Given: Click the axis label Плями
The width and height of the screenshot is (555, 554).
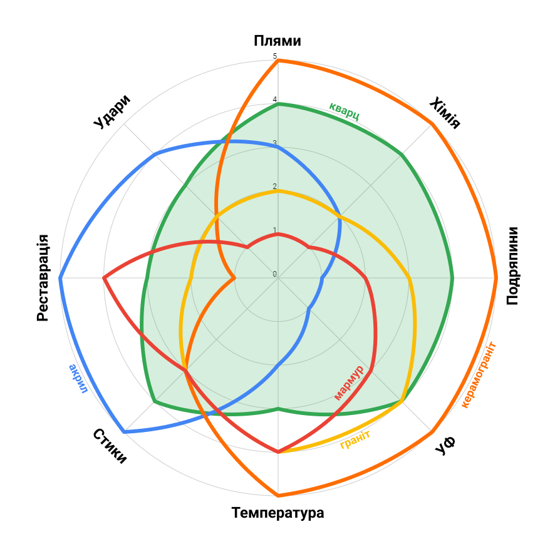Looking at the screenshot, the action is coord(277,41).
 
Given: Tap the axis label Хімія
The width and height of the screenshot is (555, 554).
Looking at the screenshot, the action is coord(445,113).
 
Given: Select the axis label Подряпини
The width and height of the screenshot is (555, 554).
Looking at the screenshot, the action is coord(512,266).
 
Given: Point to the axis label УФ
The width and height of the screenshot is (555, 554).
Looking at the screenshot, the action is coord(445,446).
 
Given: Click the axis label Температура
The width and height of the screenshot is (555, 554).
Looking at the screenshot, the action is coord(277,513).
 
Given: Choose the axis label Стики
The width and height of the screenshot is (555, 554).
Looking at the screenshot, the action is coord(110,446).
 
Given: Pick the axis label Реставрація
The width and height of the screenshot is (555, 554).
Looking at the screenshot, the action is coord(43,278).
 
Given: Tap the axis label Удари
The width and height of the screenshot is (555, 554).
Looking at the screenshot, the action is coord(112,111).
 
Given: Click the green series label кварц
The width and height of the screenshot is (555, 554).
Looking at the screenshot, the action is coord(345,111).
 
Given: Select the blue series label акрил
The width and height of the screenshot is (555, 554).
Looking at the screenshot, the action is coord(78,379).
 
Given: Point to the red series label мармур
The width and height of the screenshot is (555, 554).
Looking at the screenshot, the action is coord(349,382).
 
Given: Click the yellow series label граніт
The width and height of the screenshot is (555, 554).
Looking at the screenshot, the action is coord(355,439).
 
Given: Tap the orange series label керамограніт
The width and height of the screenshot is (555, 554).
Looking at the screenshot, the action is coord(479,374).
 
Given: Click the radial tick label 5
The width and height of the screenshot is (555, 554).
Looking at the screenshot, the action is coord(274,56).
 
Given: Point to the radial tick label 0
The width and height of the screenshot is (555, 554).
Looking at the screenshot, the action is coord(274,274).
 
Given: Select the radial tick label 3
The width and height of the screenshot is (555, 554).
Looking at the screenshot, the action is coord(274,143).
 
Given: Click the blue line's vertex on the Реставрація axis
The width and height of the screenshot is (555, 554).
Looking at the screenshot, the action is coord(60,278).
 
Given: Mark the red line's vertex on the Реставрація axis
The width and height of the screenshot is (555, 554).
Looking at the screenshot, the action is coord(104,278).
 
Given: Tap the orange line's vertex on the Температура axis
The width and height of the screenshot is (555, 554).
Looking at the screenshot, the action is coord(278,496).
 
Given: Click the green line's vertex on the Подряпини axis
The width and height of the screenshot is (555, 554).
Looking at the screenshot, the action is coord(453,278).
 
